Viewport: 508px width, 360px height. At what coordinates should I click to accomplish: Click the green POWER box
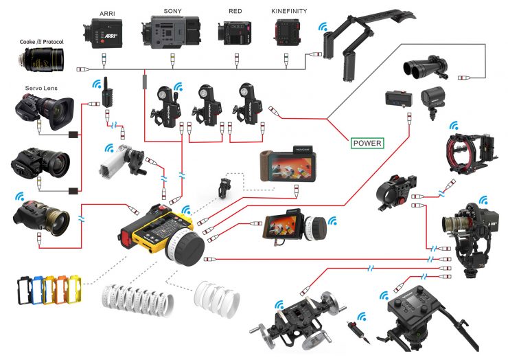click(x=367, y=144)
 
